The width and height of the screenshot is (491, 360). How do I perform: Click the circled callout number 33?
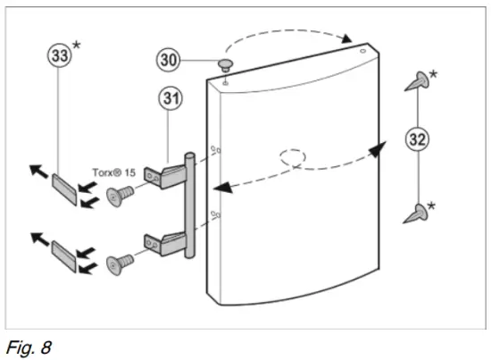[60, 54]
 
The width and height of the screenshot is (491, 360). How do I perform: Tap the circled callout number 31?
[171, 98]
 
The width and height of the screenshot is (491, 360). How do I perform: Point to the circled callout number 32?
[417, 139]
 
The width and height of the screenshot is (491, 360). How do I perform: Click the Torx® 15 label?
[113, 173]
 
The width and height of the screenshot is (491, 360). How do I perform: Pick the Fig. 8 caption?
[29, 344]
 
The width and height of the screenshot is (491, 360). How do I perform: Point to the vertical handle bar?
[188, 205]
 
